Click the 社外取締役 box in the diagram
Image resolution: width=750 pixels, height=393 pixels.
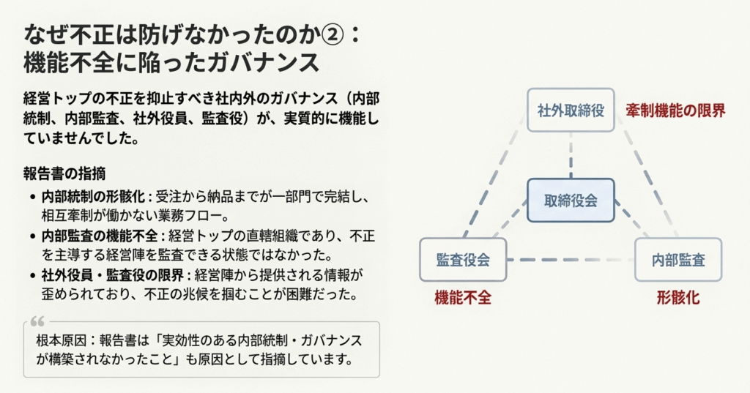[x=571, y=111]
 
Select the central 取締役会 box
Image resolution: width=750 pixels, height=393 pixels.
[x=571, y=200]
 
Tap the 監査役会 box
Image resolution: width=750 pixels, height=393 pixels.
[x=463, y=260]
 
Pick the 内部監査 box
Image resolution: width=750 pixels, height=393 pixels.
[x=678, y=260]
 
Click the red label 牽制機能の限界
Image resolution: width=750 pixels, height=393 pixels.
[x=675, y=111]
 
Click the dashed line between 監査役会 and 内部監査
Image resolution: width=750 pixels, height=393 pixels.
[x=571, y=260]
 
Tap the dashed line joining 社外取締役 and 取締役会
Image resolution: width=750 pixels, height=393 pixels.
[x=571, y=155]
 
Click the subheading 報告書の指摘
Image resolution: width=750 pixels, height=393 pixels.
[x=64, y=174]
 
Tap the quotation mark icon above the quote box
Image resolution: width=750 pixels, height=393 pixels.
[x=39, y=320]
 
